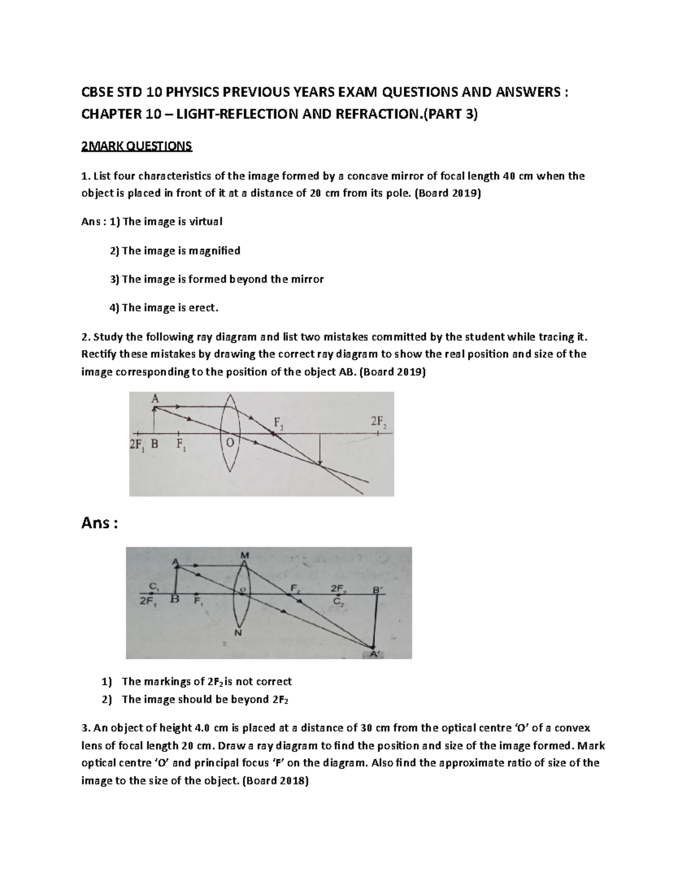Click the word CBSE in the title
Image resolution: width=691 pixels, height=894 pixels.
[x=96, y=94]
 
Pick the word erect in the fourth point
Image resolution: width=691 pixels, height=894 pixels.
[x=203, y=308]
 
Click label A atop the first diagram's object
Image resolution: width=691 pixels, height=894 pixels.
[x=154, y=398]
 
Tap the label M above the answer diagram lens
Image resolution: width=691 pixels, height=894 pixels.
[x=245, y=555]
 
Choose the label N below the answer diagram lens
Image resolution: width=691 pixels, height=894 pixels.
[x=238, y=633]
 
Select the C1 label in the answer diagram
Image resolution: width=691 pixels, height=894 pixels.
[x=152, y=586]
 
